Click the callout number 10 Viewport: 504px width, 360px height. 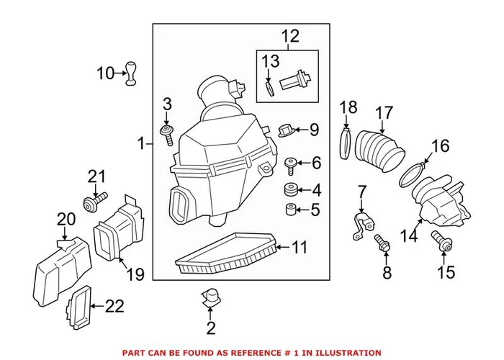pos(105,72)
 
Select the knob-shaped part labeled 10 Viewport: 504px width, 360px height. pos(131,73)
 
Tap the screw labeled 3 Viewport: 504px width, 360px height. pos(168,133)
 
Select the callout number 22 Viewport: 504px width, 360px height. pos(114,306)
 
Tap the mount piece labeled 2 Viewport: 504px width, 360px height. pos(210,297)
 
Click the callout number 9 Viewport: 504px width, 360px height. pos(314,130)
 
